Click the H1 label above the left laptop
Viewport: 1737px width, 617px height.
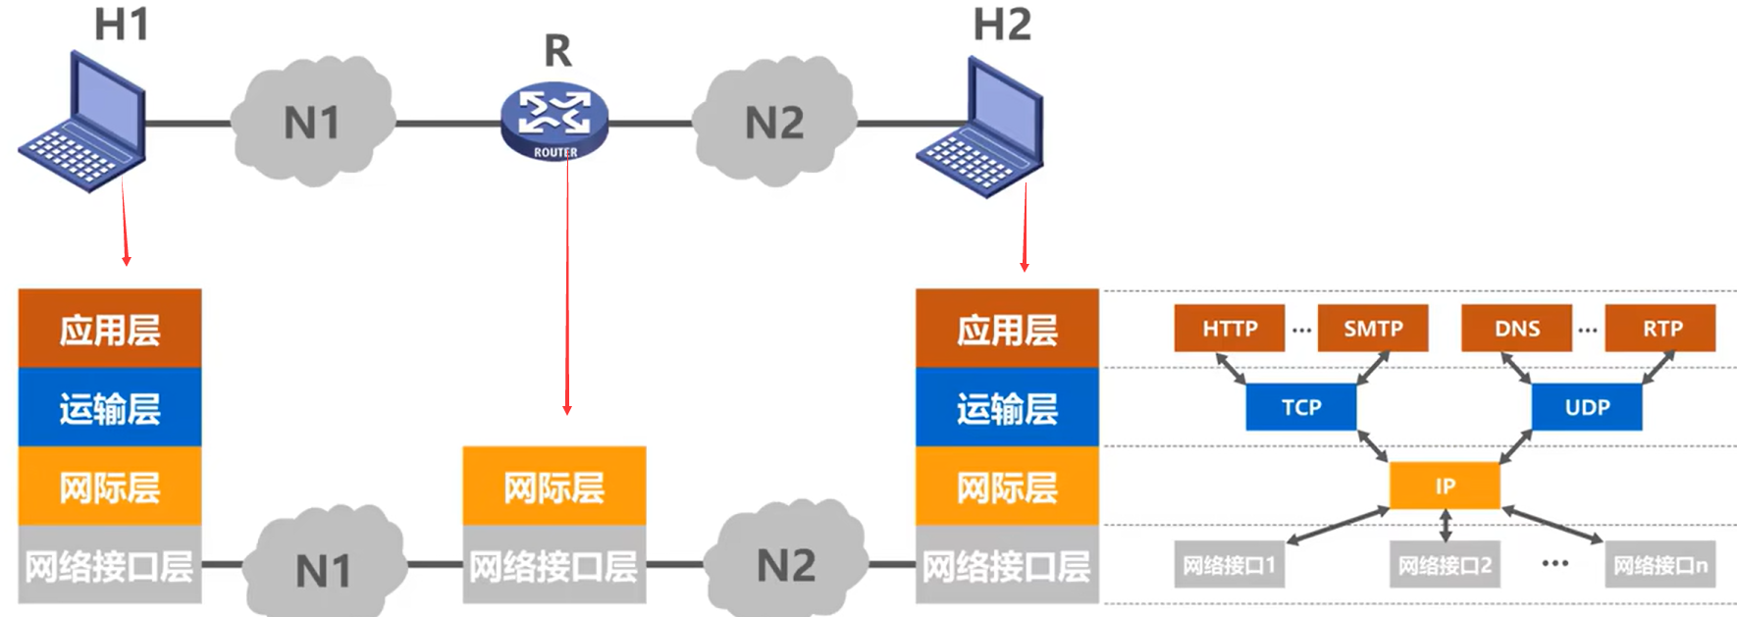coord(121,25)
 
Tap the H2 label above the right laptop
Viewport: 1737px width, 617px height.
coord(1002,25)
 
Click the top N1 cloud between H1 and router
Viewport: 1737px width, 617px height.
coord(312,123)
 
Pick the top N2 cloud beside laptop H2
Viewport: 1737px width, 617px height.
coord(774,123)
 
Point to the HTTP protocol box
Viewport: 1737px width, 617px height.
coord(1229,329)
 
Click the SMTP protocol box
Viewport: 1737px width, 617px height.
coord(1372,329)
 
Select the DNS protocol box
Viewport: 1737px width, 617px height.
coord(1516,329)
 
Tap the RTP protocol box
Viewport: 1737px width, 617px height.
coord(1661,329)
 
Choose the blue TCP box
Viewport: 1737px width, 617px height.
coord(1300,407)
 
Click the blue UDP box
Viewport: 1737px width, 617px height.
coord(1586,407)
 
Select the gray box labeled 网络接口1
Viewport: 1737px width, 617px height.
coord(1229,565)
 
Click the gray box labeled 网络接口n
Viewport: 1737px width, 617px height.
coord(1659,565)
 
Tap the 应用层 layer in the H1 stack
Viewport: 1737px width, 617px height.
coord(110,329)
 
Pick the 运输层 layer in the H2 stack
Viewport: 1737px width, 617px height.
coord(1007,407)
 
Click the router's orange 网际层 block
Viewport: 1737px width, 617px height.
coord(554,487)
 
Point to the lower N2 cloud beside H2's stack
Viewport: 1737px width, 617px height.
coord(786,565)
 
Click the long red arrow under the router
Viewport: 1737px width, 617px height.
coord(567,294)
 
